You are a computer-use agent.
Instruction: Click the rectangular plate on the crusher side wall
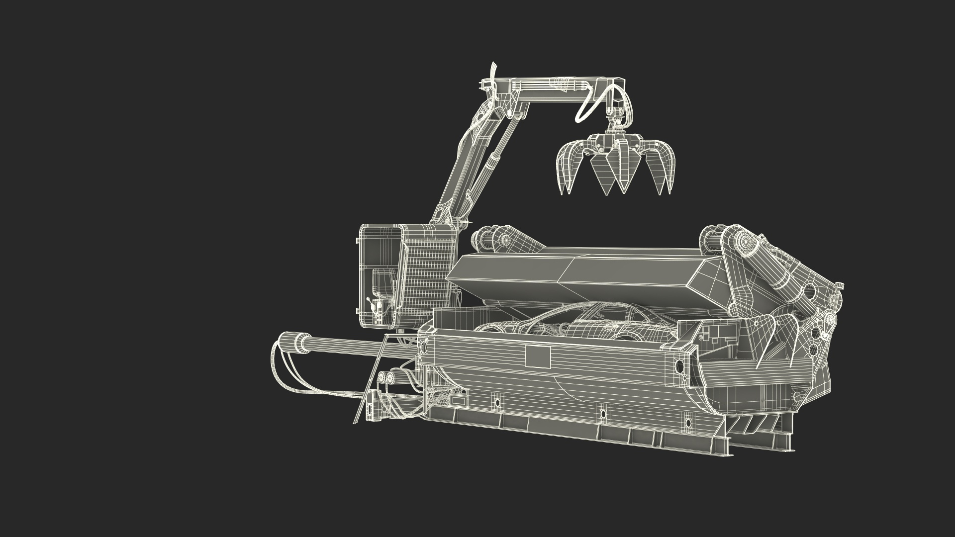[x=538, y=357]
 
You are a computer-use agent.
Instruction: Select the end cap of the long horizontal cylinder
[x=288, y=343]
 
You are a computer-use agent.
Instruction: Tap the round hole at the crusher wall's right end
[x=679, y=366]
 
